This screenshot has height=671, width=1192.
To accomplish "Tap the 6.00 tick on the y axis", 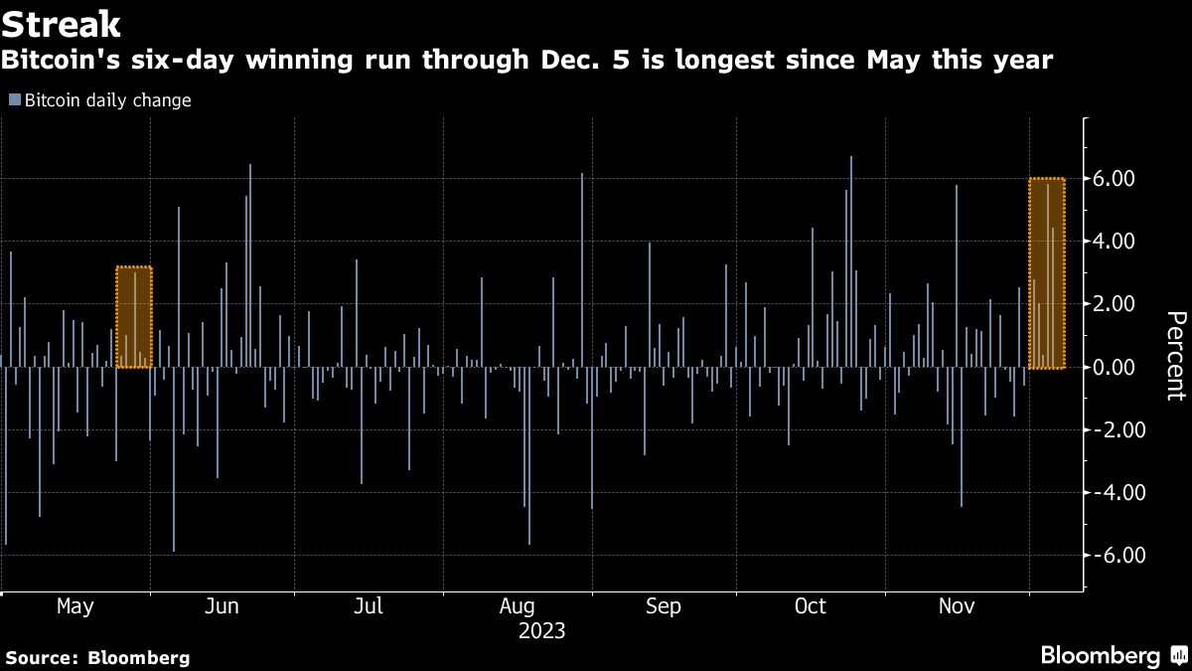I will (x=1113, y=179).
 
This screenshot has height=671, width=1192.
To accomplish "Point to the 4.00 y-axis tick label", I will (x=1113, y=242).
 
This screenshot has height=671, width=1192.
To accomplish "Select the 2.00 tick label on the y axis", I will (x=1113, y=304).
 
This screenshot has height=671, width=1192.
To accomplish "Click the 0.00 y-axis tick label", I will (x=1113, y=368).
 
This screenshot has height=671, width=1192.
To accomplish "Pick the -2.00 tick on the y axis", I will (x=1110, y=430).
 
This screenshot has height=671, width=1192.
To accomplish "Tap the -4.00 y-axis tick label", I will (x=1110, y=493).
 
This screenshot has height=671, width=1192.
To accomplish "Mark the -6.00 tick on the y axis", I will (x=1110, y=556).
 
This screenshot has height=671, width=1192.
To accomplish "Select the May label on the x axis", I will (x=75, y=606).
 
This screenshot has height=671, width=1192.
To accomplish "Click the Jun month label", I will (x=221, y=606).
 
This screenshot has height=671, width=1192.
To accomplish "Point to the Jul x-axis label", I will (x=369, y=606).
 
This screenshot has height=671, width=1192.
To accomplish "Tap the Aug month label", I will (x=518, y=606).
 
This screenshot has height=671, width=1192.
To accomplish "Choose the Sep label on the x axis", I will (x=663, y=606).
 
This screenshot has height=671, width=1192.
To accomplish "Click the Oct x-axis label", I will (x=811, y=606).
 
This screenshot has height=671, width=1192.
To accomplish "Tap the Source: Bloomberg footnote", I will (x=97, y=657).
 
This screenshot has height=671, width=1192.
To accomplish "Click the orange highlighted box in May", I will (x=134, y=317).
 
